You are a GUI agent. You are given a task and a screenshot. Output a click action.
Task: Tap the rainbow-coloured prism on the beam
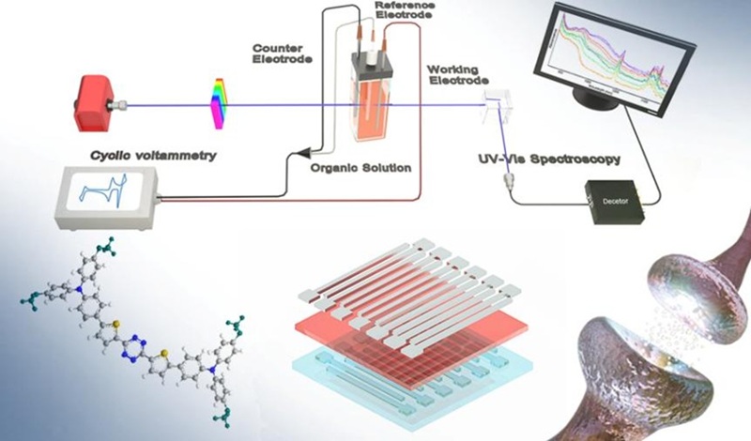(x=218, y=102)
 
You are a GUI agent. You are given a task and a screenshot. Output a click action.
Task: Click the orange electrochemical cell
(x=379, y=99)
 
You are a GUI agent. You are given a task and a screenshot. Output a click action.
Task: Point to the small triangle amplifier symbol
(x=303, y=151)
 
